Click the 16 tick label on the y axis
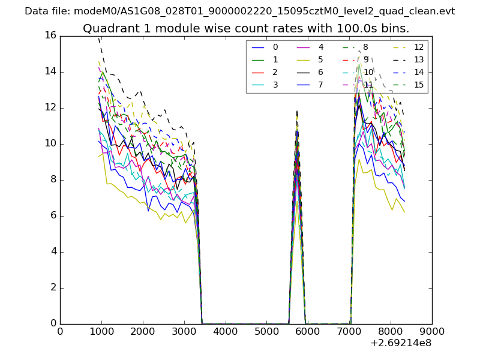50,35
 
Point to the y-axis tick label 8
53,179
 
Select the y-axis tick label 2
53,287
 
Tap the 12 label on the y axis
50,107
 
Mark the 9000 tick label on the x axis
432,331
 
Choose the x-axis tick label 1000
101,331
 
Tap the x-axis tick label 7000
349,331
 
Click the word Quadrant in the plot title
108,29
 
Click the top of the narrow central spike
296,111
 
